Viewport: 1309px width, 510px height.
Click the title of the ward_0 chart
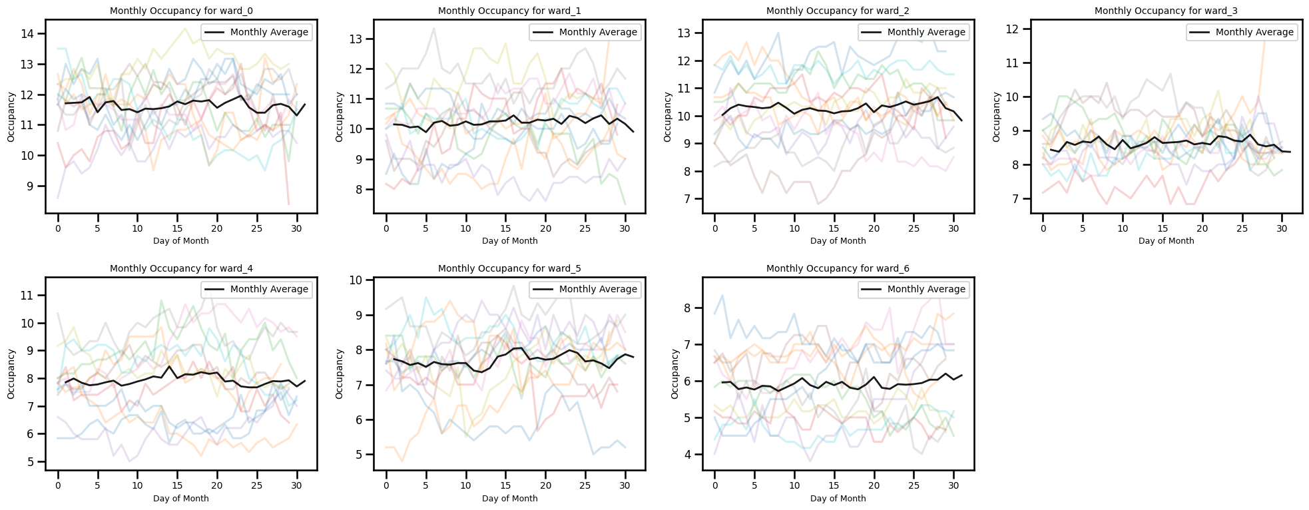[x=181, y=11]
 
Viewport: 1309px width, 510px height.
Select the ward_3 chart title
[x=1166, y=11]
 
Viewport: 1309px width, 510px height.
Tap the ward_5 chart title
[x=509, y=268]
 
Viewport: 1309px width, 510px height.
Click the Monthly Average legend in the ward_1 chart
[x=585, y=32]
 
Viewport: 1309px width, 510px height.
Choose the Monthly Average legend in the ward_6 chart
[x=914, y=289]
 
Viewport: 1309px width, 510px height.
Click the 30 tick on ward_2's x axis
[x=954, y=228]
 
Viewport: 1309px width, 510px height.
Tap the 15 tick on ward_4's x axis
[x=178, y=485]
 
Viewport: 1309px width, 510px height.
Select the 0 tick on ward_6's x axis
[x=714, y=485]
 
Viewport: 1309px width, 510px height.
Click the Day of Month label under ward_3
[x=1166, y=241]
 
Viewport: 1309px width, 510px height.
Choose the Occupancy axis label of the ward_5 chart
[x=340, y=374]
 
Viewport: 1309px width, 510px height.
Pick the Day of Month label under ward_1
[x=509, y=241]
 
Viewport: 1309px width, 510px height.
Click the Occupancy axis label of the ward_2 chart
[x=668, y=117]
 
